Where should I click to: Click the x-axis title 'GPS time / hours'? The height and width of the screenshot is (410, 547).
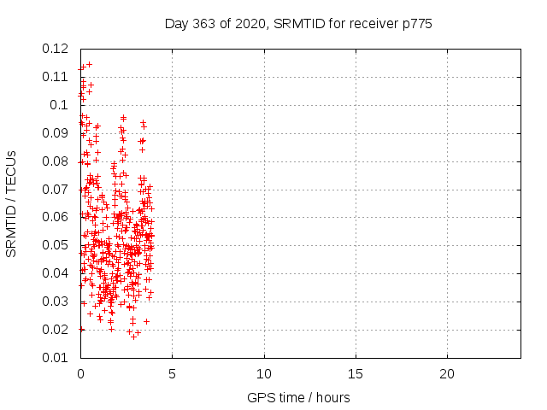[x=298, y=398]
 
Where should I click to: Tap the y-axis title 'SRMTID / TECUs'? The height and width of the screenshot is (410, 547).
[x=12, y=203]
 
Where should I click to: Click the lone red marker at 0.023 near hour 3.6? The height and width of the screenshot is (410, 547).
[x=146, y=321]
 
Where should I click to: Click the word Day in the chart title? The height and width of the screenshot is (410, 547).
[x=176, y=24]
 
